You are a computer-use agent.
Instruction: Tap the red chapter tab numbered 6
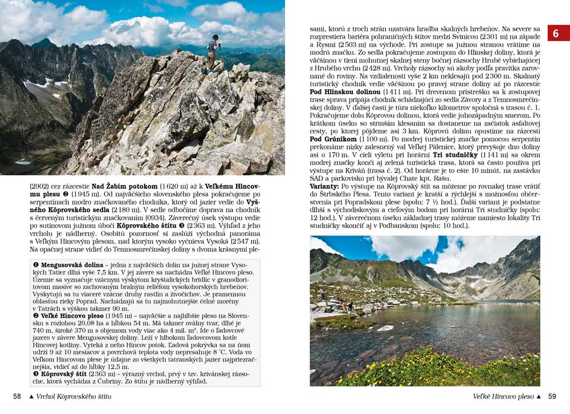click(x=556, y=34)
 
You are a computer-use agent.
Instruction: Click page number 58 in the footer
click(x=17, y=396)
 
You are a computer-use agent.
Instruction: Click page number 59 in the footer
click(x=552, y=396)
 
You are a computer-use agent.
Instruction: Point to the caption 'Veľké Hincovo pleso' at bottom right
click(x=503, y=396)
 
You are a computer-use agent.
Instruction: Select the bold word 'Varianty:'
click(x=325, y=186)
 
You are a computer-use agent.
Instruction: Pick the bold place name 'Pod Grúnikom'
click(x=333, y=139)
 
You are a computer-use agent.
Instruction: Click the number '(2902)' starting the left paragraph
click(x=39, y=186)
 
